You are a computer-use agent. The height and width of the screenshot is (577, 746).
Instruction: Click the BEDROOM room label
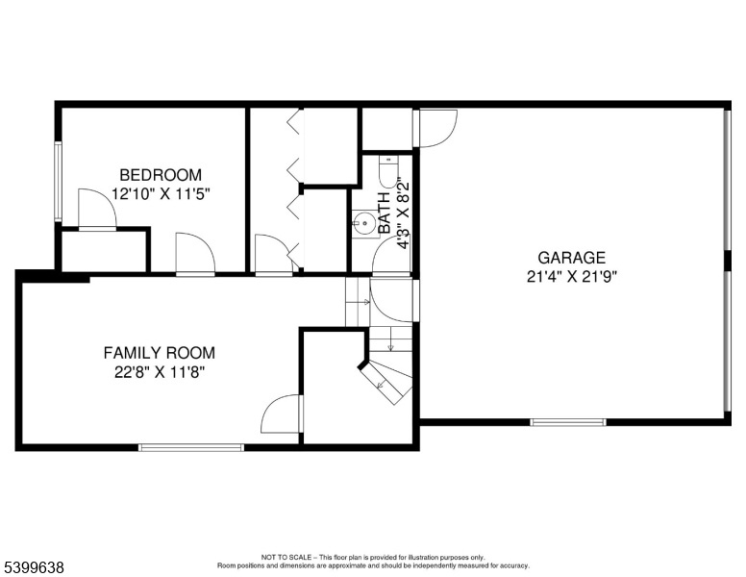click(x=161, y=175)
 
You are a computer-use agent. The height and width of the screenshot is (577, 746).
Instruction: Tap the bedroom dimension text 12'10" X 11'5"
click(x=161, y=194)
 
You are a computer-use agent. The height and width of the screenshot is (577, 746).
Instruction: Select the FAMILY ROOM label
click(x=160, y=353)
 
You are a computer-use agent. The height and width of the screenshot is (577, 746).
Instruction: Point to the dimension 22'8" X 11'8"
click(x=160, y=372)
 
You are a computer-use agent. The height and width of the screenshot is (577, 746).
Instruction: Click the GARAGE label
click(x=571, y=258)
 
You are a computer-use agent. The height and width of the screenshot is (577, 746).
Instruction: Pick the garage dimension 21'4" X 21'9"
click(x=571, y=277)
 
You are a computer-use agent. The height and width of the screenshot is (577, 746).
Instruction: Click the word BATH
click(x=385, y=213)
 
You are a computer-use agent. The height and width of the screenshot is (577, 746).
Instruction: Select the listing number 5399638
click(x=34, y=567)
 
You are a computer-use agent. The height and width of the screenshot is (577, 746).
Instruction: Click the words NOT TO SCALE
click(x=286, y=558)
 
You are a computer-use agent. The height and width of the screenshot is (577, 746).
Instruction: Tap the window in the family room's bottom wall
click(x=191, y=447)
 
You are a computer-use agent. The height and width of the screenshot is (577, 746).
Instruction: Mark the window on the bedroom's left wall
click(x=58, y=182)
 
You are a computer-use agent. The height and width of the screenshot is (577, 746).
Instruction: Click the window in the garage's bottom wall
click(x=568, y=422)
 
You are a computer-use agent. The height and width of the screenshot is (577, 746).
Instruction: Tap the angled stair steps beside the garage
click(x=386, y=382)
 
